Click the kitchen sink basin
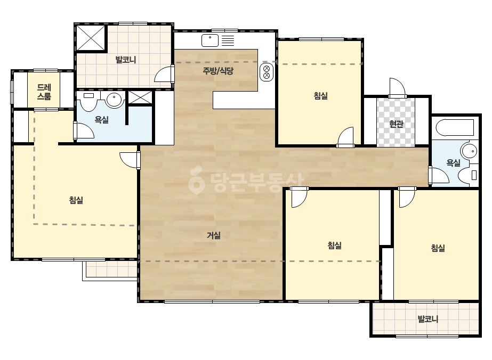tap(210, 40)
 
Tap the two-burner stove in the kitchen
tap(267, 72)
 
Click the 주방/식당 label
tap(218, 71)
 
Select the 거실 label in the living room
tap(214, 235)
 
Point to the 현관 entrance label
tap(396, 124)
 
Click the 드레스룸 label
tap(44, 92)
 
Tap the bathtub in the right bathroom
tap(455, 128)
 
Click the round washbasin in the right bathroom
tap(469, 151)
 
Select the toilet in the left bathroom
tap(89, 101)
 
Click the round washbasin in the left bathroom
tap(114, 100)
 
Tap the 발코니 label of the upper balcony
tap(125, 60)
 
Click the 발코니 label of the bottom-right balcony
tap(428, 319)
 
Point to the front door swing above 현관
tap(397, 87)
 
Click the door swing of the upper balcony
tap(164, 75)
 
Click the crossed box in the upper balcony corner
tap(91, 38)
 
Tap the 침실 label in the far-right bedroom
tap(438, 248)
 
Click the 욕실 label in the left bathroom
tap(102, 120)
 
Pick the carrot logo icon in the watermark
tap(196, 180)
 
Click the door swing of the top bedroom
tap(345, 137)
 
